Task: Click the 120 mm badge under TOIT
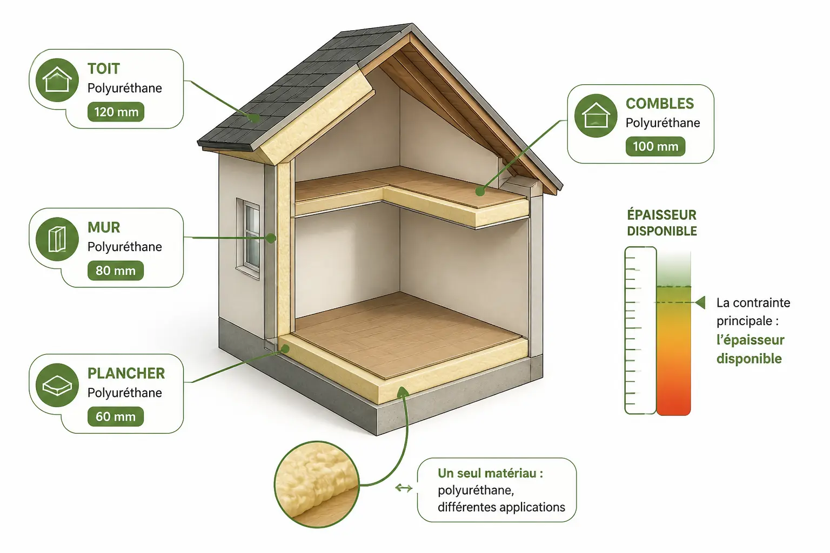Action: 116,112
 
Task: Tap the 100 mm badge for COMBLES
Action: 655,146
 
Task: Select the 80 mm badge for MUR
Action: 116,271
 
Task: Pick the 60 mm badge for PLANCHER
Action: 116,417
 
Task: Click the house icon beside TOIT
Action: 57,80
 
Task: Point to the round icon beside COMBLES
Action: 596,116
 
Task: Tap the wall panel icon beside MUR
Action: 57,239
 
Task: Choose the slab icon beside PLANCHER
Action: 57,385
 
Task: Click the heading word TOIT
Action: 104,69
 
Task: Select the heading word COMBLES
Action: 660,104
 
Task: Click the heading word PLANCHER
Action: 126,373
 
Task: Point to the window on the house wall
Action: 248,238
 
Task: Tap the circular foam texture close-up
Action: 317,484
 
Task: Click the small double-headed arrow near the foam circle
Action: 404,488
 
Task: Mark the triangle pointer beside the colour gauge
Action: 700,302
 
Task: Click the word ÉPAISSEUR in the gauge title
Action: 662,215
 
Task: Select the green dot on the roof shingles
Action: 255,118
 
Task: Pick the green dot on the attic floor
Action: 480,192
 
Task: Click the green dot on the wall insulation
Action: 271,238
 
